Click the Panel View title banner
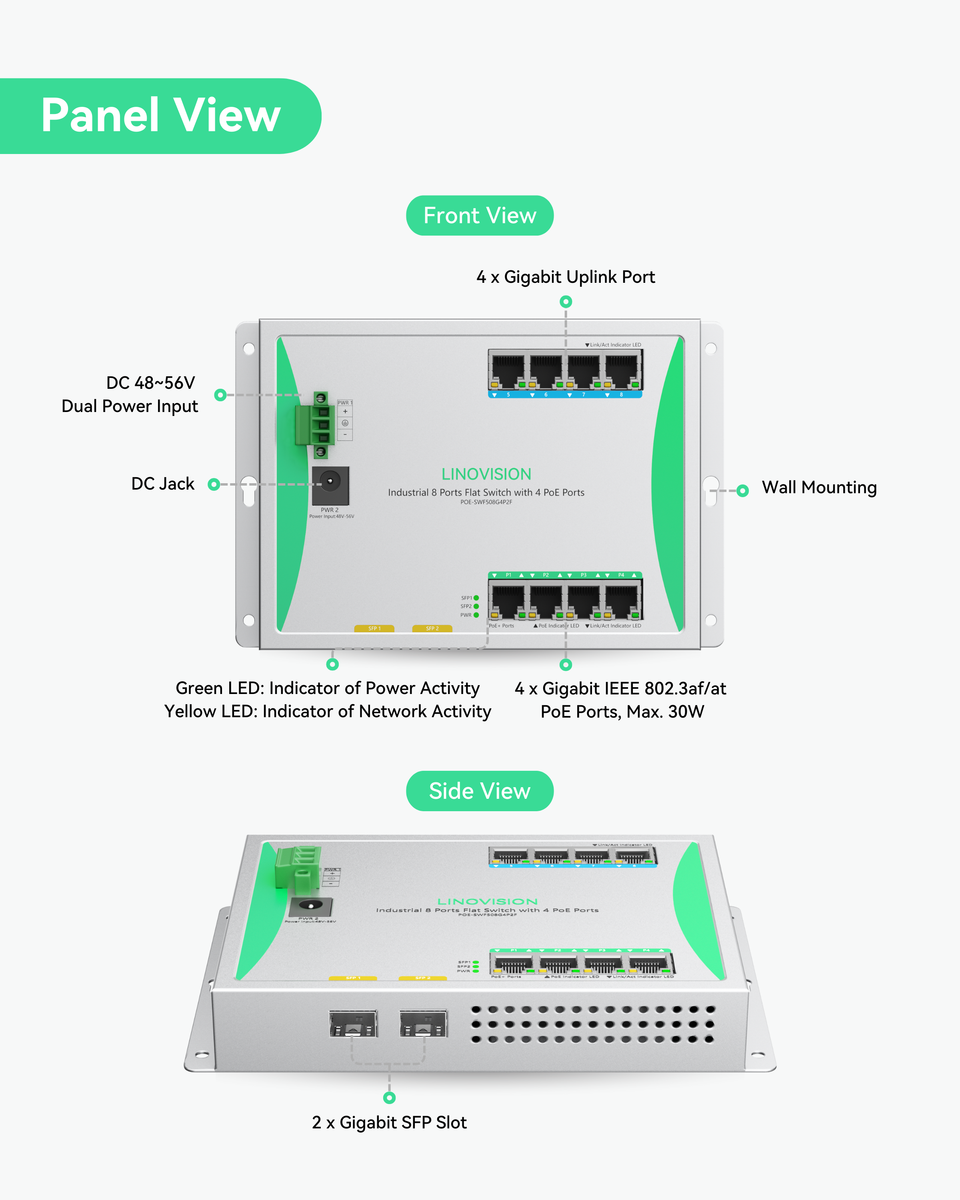(160, 116)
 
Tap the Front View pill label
(479, 215)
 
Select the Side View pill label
(479, 791)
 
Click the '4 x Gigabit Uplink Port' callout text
(566, 277)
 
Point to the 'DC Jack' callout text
(162, 484)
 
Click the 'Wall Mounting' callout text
(819, 488)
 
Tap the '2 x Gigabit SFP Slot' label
(389, 1122)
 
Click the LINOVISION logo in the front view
(486, 474)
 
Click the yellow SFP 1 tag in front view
(374, 628)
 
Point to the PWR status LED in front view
(476, 615)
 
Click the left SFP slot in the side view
(353, 1024)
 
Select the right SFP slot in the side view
(423, 1024)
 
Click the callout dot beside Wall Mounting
(742, 490)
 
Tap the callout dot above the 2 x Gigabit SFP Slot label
(389, 1098)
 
